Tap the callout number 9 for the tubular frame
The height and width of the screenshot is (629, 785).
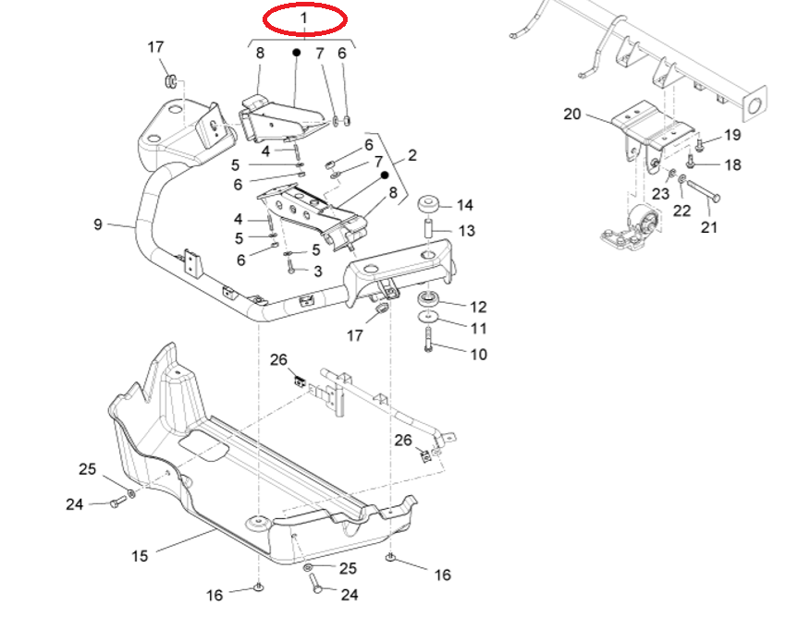click(x=98, y=224)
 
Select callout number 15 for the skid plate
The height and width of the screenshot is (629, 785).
click(x=140, y=556)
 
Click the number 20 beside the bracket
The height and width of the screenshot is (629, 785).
click(x=572, y=115)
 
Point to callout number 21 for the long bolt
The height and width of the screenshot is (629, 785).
click(x=710, y=226)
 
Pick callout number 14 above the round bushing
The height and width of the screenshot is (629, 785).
click(x=465, y=205)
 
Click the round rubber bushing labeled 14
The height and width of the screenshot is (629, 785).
click(x=429, y=204)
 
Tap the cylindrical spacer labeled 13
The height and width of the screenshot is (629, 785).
click(x=430, y=227)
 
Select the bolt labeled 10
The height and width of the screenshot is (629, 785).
click(x=429, y=346)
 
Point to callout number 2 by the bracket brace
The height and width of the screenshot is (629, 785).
click(x=412, y=155)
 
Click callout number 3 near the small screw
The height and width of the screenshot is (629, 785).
click(x=317, y=271)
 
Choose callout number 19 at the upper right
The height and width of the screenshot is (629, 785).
click(x=732, y=135)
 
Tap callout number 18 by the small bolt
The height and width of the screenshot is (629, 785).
click(x=732, y=165)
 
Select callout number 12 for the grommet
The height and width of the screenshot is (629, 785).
click(x=478, y=307)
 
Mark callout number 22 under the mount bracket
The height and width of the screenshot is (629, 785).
click(x=681, y=211)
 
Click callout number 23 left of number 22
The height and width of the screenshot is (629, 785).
click(x=660, y=194)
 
